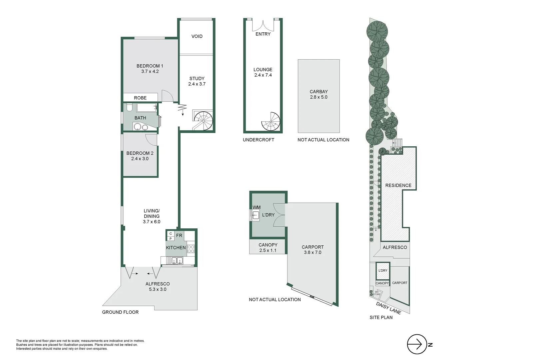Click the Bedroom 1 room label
click(x=150, y=66)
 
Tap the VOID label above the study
click(x=197, y=36)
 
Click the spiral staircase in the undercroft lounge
click(x=271, y=122)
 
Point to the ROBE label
click(x=140, y=98)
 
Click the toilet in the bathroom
click(x=129, y=107)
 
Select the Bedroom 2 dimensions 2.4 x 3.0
click(x=140, y=159)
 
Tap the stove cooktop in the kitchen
click(x=191, y=249)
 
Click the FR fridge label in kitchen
click(x=179, y=235)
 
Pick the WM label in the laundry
click(x=257, y=207)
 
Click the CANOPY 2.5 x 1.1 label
click(x=268, y=247)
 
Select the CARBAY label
click(x=318, y=91)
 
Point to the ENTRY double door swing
click(x=263, y=26)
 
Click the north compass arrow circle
click(x=417, y=344)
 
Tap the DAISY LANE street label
click(x=388, y=308)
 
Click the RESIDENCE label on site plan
click(x=398, y=185)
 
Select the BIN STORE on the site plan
click(x=376, y=293)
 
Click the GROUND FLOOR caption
click(x=120, y=312)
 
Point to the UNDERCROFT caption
click(x=258, y=140)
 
